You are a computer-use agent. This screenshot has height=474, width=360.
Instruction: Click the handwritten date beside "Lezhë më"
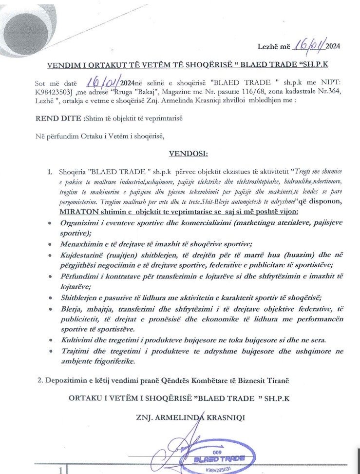coord(307,46)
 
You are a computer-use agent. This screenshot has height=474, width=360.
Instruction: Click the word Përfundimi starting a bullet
coord(80,276)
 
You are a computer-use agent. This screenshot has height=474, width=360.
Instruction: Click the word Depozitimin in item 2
coord(71,379)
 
